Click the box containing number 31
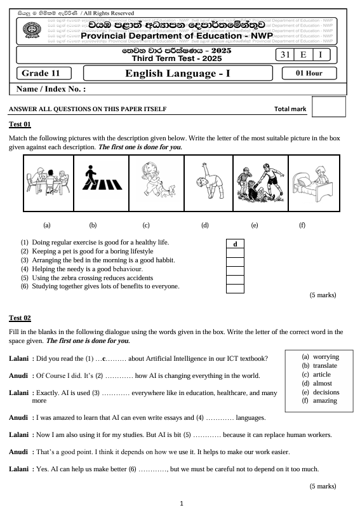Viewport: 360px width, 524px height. coord(284,55)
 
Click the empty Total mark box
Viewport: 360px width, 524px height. coord(329,107)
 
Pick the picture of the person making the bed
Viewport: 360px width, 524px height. coord(314,182)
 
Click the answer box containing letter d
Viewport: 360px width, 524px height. coord(235,244)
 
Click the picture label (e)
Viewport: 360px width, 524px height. coord(255,225)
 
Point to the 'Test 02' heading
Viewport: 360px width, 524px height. coord(20,317)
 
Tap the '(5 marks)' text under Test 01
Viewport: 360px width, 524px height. coord(323,295)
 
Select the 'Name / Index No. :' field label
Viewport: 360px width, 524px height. coord(50,90)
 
